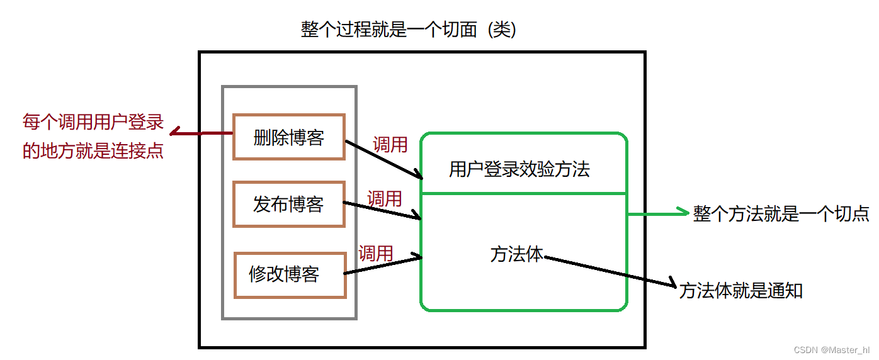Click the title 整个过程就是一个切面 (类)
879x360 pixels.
point(409,30)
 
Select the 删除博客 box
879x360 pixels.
point(289,137)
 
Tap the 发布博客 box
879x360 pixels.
point(289,204)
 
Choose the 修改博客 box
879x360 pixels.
point(290,274)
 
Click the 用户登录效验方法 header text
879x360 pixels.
point(519,169)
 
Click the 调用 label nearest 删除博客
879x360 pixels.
point(390,145)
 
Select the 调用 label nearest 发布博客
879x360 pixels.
point(384,199)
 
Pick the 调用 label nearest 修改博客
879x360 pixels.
point(376,253)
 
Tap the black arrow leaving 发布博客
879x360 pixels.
point(382,211)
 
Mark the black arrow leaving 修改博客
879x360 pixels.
point(382,265)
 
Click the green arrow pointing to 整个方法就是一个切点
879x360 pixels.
point(658,214)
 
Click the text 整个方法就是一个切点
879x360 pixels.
point(781,214)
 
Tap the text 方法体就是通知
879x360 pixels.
point(741,291)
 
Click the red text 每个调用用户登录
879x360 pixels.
point(93,121)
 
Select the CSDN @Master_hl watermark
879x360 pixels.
point(832,350)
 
